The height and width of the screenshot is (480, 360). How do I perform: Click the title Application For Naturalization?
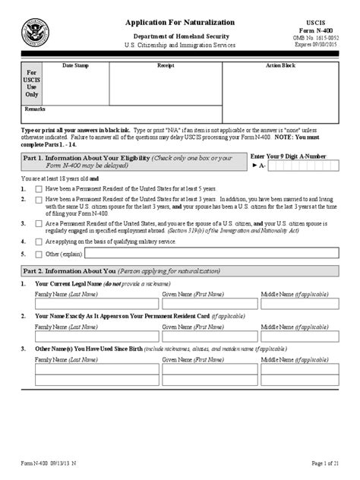[x=180, y=23]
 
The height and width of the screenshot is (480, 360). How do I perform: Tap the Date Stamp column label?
[x=75, y=66]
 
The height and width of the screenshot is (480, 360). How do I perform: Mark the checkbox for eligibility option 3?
[x=39, y=224]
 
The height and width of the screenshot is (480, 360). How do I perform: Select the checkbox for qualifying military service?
[x=39, y=241]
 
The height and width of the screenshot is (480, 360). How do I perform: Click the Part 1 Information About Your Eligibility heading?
[x=132, y=159]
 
